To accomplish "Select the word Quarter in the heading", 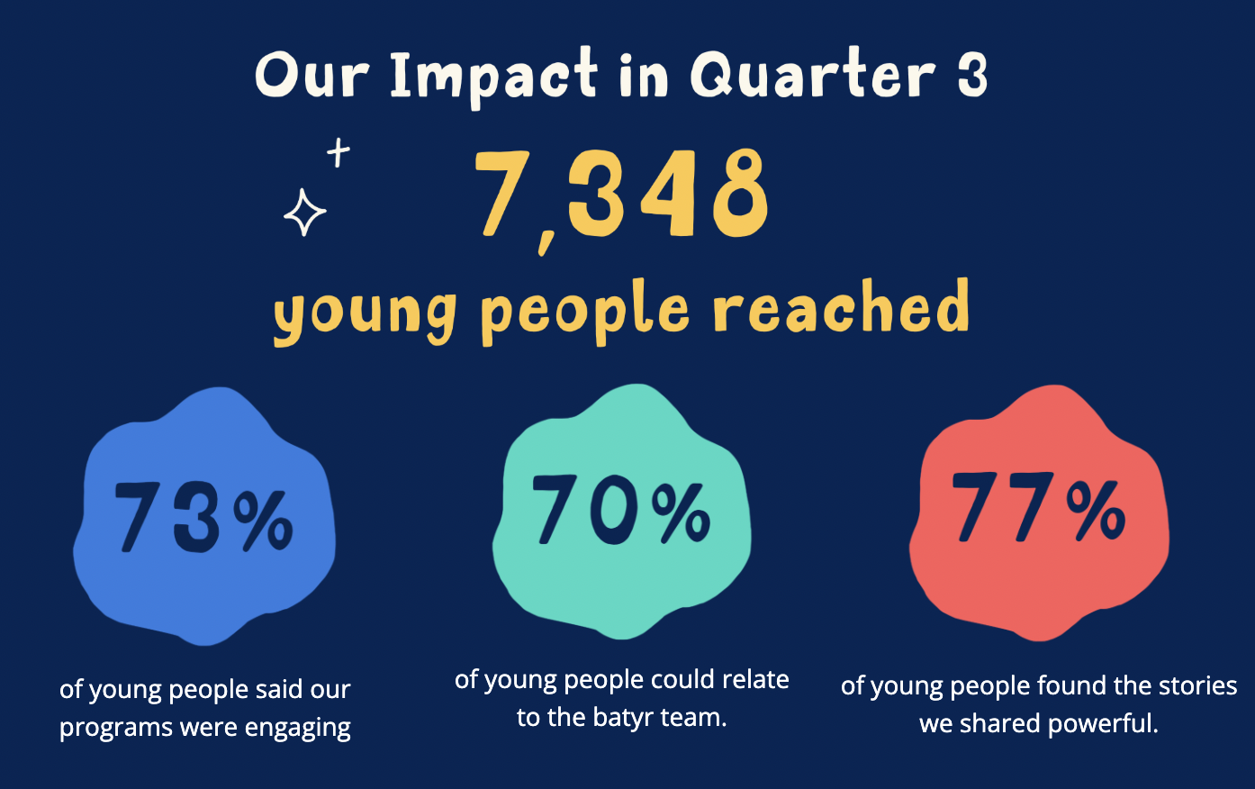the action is pyautogui.click(x=812, y=73).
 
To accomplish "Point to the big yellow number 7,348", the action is pyautogui.click(x=621, y=198).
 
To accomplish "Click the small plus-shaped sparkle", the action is pyautogui.click(x=339, y=152).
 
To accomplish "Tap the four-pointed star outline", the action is pyautogui.click(x=304, y=213).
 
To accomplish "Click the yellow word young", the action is pyautogui.click(x=365, y=317).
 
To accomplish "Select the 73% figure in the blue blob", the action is pyautogui.click(x=204, y=518).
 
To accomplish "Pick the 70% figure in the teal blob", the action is pyautogui.click(x=621, y=510).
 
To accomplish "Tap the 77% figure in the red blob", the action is pyautogui.click(x=1038, y=506).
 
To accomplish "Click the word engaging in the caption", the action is pyautogui.click(x=297, y=729).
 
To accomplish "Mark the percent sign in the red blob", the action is pyautogui.click(x=1096, y=511).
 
